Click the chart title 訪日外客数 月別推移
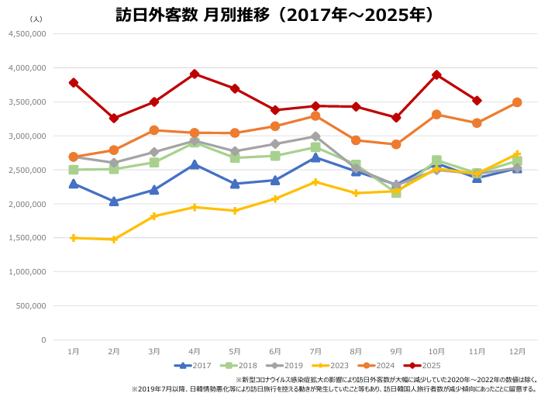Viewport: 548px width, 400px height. click(x=274, y=16)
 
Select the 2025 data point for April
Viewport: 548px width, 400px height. click(x=195, y=74)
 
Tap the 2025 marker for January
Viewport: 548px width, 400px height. click(x=74, y=82)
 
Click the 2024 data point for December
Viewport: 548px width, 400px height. click(x=517, y=102)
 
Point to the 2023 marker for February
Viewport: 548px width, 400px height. click(x=114, y=240)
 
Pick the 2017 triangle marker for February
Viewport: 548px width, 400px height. click(x=114, y=201)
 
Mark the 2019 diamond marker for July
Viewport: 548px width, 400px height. click(x=315, y=136)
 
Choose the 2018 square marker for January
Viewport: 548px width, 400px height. click(x=74, y=170)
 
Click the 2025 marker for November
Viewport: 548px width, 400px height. click(x=477, y=101)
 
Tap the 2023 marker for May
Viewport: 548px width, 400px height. click(x=235, y=211)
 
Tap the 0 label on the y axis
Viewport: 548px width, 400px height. click(x=43, y=340)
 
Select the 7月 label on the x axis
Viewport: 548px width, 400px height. click(x=315, y=351)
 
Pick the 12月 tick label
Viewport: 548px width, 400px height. click(x=517, y=351)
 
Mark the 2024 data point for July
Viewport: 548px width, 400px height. click(x=315, y=116)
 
